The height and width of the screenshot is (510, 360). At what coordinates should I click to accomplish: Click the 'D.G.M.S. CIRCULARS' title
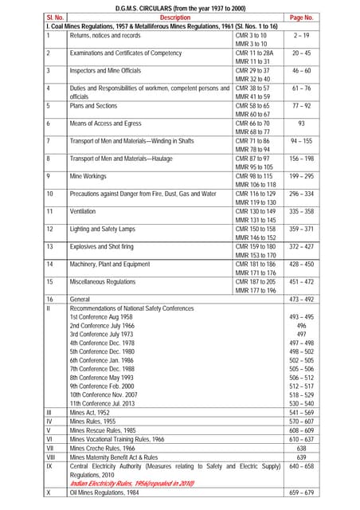pos(179,6)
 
